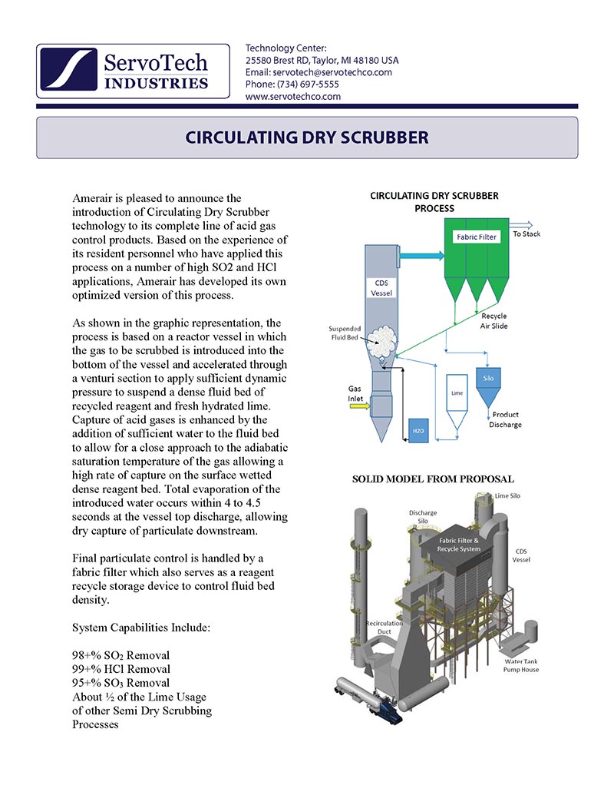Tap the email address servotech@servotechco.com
pos(319,72)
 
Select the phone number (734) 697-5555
pos(292,84)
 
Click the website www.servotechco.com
pos(293,97)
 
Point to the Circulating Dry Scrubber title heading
pos(307,138)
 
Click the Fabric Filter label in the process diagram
pos(477,237)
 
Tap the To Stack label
pos(527,234)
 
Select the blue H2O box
pos(418,431)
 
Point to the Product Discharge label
pos(507,419)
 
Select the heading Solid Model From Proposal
pos(433,479)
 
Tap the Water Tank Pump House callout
pos(521,665)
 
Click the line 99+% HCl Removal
pos(120,669)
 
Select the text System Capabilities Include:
pos(140,628)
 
